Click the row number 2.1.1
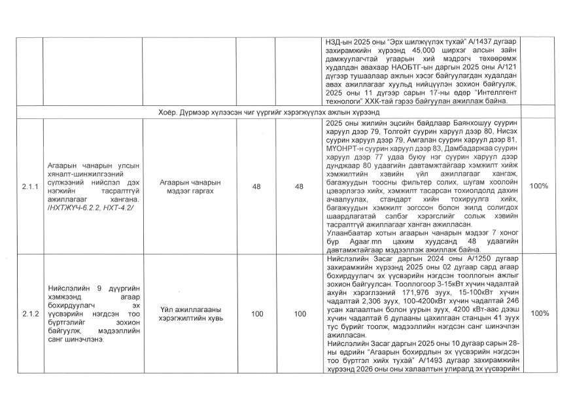pyautogui.click(x=29, y=186)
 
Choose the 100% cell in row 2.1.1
pyautogui.click(x=538, y=186)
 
